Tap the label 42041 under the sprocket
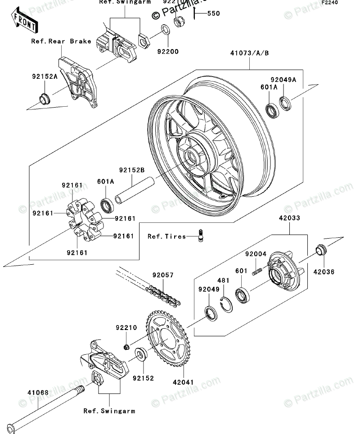point(184,382)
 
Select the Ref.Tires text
point(166,236)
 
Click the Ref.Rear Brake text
point(61,41)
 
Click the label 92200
point(167,52)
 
